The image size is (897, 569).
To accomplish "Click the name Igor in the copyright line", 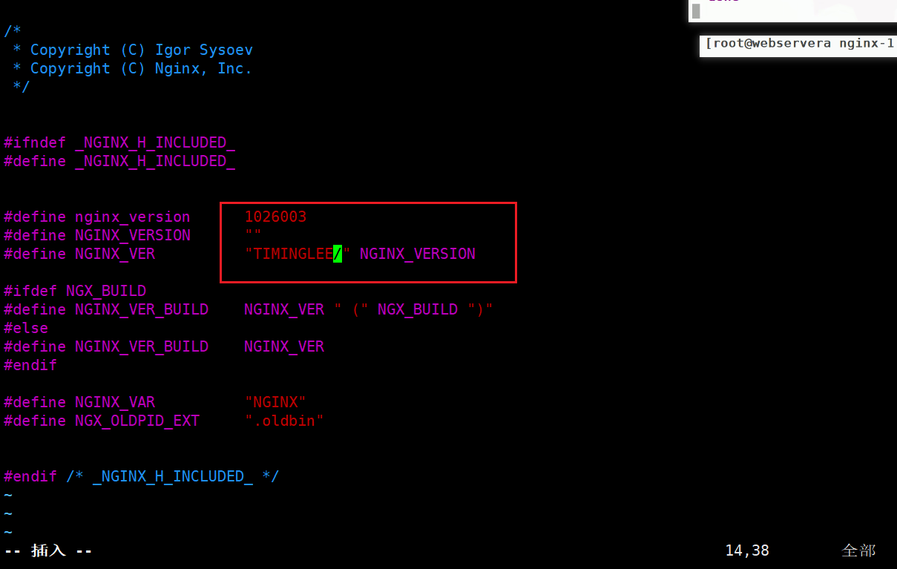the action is (x=172, y=50).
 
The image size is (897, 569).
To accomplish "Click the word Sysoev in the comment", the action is (x=226, y=50).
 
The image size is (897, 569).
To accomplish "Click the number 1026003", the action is (x=275, y=217).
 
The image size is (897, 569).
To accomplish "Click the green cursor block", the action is (x=338, y=254).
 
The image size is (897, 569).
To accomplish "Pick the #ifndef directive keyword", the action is (x=34, y=142).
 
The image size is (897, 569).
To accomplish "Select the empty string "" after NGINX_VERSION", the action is (x=253, y=236).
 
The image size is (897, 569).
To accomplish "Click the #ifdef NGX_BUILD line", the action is (x=75, y=291).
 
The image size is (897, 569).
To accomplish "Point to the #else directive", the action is (x=26, y=328).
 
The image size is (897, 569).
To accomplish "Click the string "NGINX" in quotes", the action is (x=275, y=402).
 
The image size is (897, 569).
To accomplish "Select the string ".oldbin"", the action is (x=284, y=421).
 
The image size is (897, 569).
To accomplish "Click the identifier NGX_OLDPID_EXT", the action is (x=137, y=421).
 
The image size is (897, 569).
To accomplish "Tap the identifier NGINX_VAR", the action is (x=115, y=402).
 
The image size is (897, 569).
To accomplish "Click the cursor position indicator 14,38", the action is (x=747, y=550).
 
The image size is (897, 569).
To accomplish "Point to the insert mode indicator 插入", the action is (x=48, y=550).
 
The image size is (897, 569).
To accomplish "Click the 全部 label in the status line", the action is (x=858, y=550).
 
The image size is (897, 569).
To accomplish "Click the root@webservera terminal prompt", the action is (x=768, y=44).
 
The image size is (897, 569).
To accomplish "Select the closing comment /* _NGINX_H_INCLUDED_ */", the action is (x=172, y=476).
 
